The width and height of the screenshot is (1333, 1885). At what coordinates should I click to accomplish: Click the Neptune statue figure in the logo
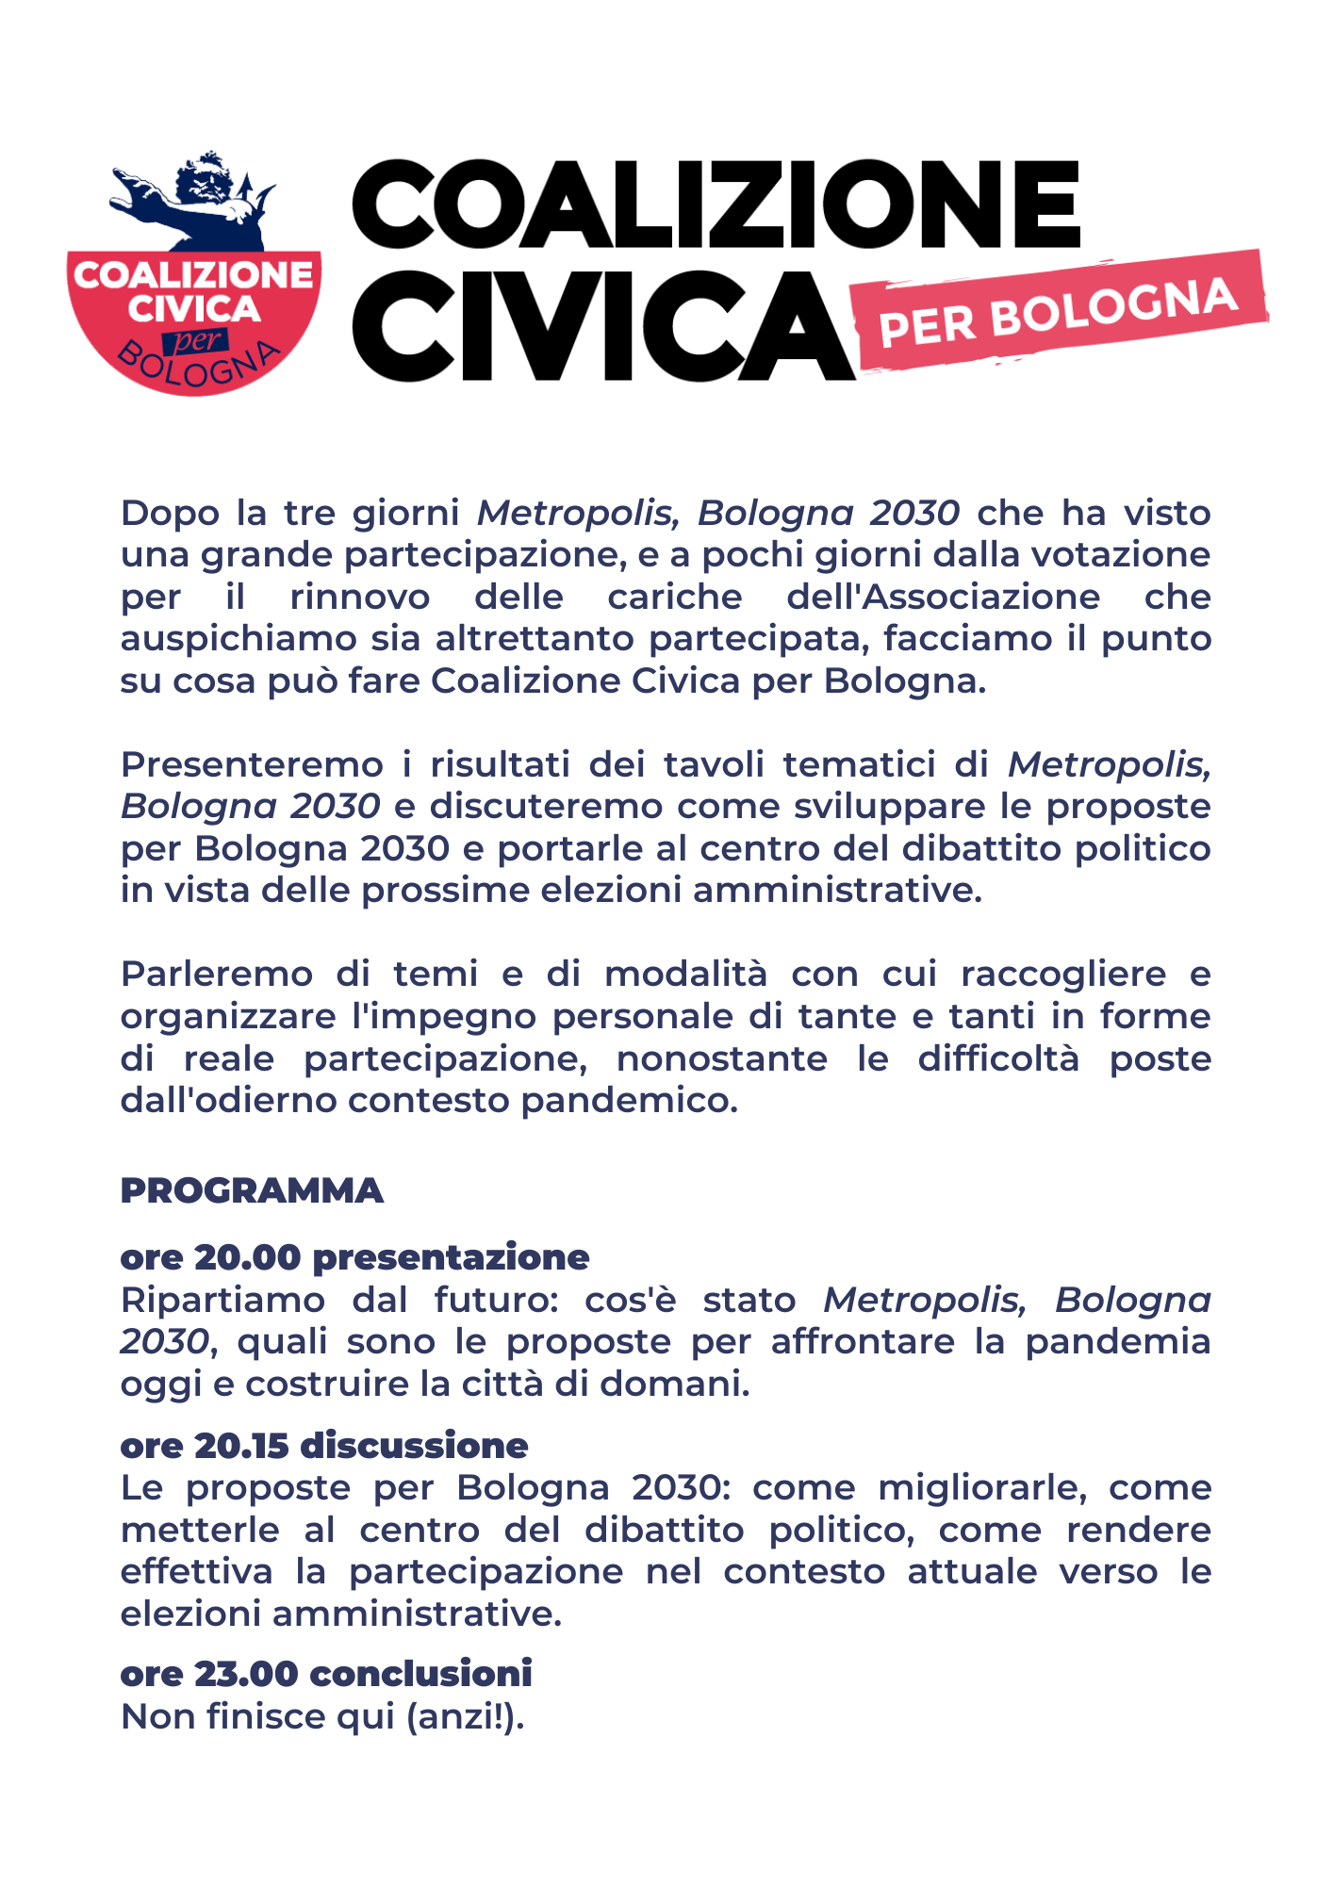pyautogui.click(x=203, y=200)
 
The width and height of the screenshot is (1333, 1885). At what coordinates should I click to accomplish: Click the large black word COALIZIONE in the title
pyautogui.click(x=716, y=205)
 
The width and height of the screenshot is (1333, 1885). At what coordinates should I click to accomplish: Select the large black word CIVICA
pyautogui.click(x=601, y=325)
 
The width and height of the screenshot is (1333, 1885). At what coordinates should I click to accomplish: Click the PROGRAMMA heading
pyautogui.click(x=252, y=1190)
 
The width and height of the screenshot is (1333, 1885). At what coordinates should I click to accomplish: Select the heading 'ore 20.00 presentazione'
pyautogui.click(x=354, y=1256)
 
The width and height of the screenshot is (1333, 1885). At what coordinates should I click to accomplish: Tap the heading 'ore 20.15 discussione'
pyautogui.click(x=324, y=1445)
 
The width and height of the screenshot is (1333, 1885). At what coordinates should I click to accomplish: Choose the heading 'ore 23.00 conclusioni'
pyautogui.click(x=326, y=1673)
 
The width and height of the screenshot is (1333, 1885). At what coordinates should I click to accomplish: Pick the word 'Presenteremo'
pyautogui.click(x=251, y=764)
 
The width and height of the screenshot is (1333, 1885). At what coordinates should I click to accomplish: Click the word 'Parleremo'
pyautogui.click(x=217, y=974)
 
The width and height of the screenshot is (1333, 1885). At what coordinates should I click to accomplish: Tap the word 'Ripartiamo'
pyautogui.click(x=222, y=1301)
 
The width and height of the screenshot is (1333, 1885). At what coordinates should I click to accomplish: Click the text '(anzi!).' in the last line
pyautogui.click(x=465, y=1717)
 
